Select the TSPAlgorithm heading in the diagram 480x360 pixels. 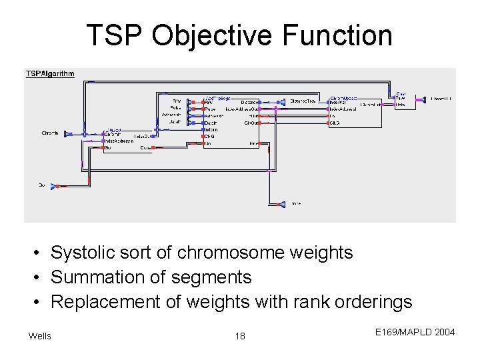(x=50, y=73)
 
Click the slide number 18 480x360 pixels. (x=240, y=336)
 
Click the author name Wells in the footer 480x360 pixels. (x=39, y=335)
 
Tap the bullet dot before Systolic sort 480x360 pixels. (x=41, y=253)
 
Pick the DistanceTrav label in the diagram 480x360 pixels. (x=304, y=101)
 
